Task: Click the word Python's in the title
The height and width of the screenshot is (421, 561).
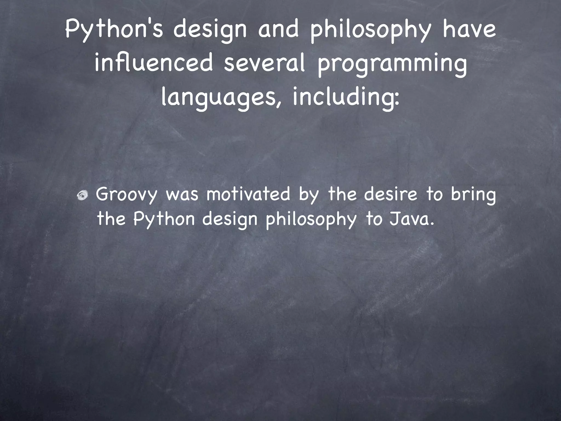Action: click(x=114, y=30)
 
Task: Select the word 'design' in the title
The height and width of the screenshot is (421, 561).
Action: click(x=210, y=31)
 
